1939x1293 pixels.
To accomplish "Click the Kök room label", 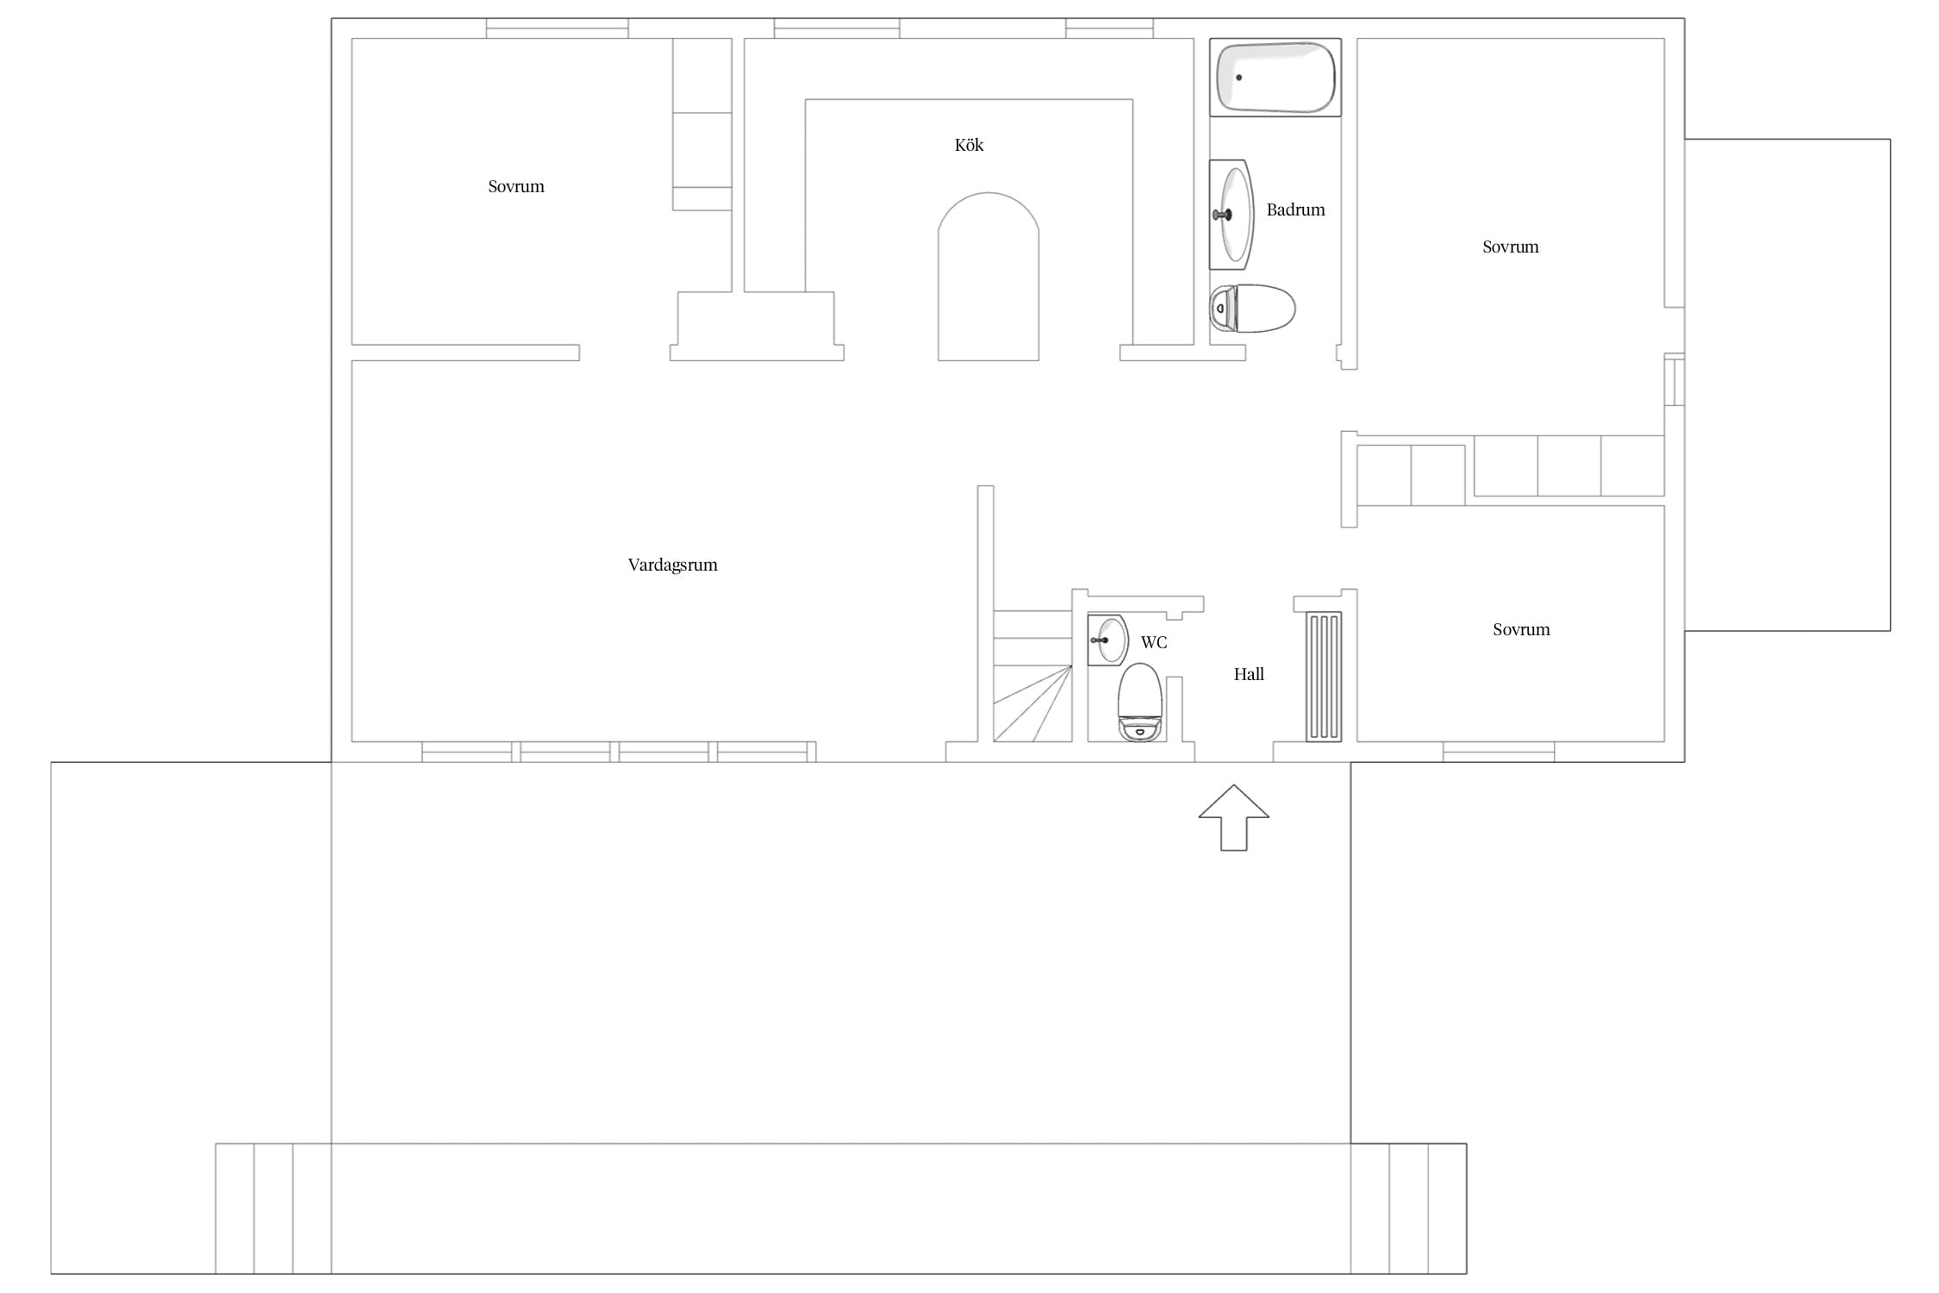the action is (969, 145).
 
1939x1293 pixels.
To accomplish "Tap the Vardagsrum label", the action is (672, 565).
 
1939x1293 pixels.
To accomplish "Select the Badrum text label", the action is (1295, 209).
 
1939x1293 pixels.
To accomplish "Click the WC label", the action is (1154, 642).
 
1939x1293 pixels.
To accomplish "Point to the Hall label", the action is (1249, 674).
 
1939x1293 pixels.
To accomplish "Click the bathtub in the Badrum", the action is (1275, 77).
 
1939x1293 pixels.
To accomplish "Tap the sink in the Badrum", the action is (1231, 215).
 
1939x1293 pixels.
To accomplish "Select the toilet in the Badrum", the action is (1252, 309).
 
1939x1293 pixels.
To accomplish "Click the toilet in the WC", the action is (1140, 702).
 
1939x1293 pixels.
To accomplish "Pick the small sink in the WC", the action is (1108, 640).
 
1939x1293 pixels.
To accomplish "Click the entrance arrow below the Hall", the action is (1234, 818).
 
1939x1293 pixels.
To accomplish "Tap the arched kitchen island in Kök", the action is (988, 276).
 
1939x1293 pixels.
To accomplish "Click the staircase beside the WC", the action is (1032, 676).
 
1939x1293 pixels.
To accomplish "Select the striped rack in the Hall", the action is (1324, 677).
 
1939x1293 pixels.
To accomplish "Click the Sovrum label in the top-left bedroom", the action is (516, 186).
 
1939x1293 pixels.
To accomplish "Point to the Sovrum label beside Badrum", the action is (1510, 247).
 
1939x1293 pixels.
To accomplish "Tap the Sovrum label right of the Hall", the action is (1521, 629).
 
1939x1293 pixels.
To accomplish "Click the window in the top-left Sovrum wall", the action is (557, 28).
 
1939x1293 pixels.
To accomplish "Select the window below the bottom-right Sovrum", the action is (1499, 752).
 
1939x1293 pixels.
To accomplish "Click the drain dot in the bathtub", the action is (1239, 78).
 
